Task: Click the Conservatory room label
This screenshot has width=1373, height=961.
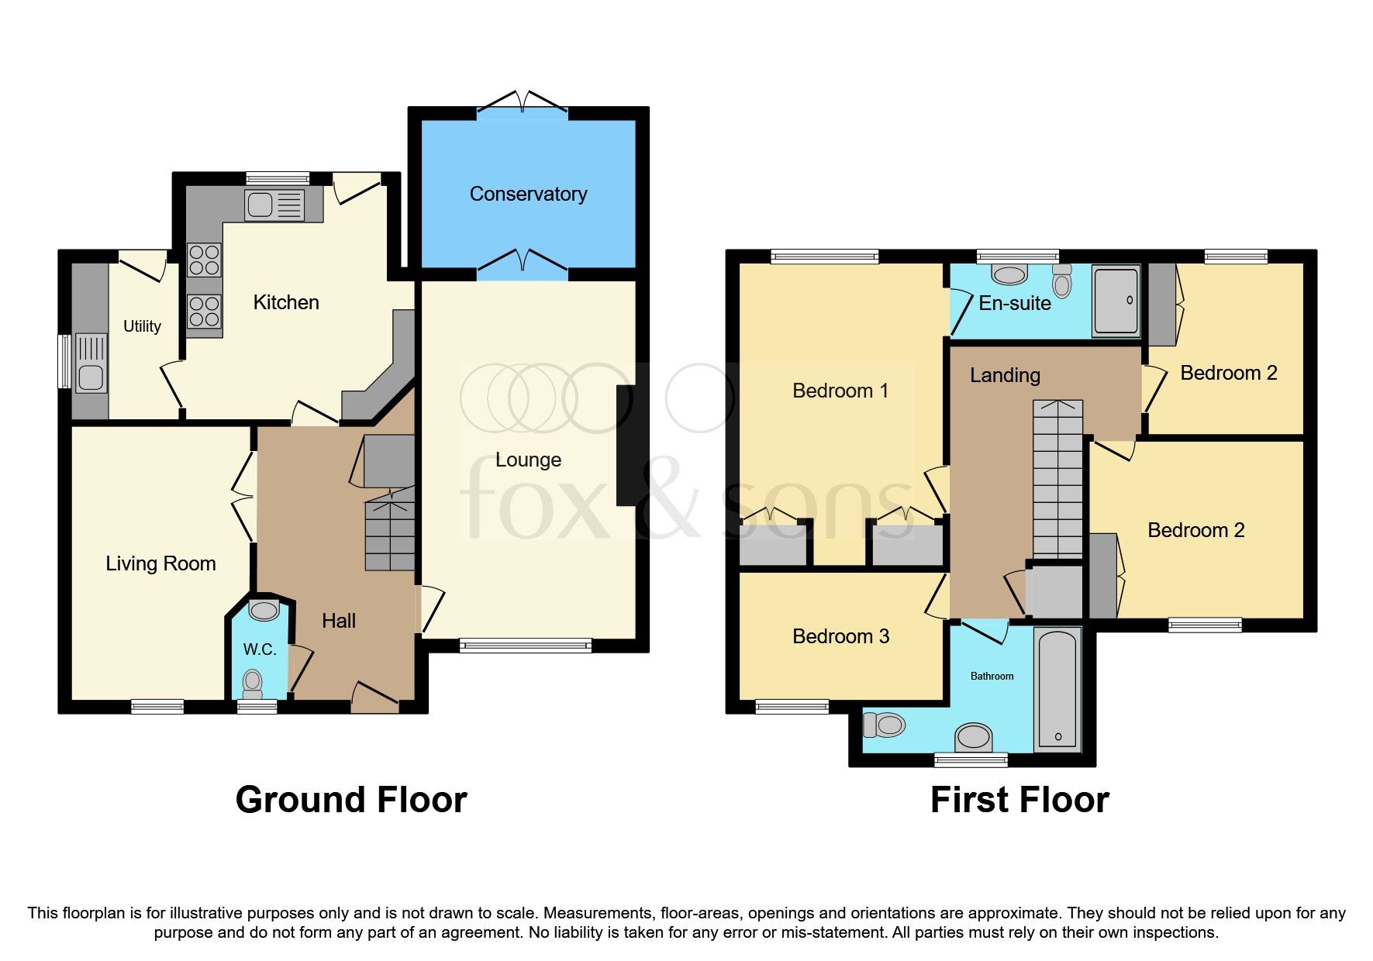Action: point(528,194)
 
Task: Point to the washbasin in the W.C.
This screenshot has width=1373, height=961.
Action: point(264,610)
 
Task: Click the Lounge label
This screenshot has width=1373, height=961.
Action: point(528,460)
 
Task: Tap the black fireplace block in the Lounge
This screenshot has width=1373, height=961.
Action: point(626,446)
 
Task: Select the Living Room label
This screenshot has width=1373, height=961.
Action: point(160,563)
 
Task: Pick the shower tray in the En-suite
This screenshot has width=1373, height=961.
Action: point(1116,300)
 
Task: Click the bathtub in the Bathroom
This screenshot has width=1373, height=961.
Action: point(1057,689)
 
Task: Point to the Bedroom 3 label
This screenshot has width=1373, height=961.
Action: point(840,636)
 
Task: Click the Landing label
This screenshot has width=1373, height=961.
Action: point(1005,375)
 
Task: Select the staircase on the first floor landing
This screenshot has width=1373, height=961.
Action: point(1057,480)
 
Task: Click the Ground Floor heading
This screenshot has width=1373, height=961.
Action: point(351,800)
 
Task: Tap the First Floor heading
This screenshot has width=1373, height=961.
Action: point(1019,800)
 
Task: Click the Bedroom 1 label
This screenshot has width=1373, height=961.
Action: point(840,391)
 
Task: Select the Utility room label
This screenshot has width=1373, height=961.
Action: point(142,326)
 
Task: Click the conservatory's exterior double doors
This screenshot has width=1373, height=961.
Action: point(523,103)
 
